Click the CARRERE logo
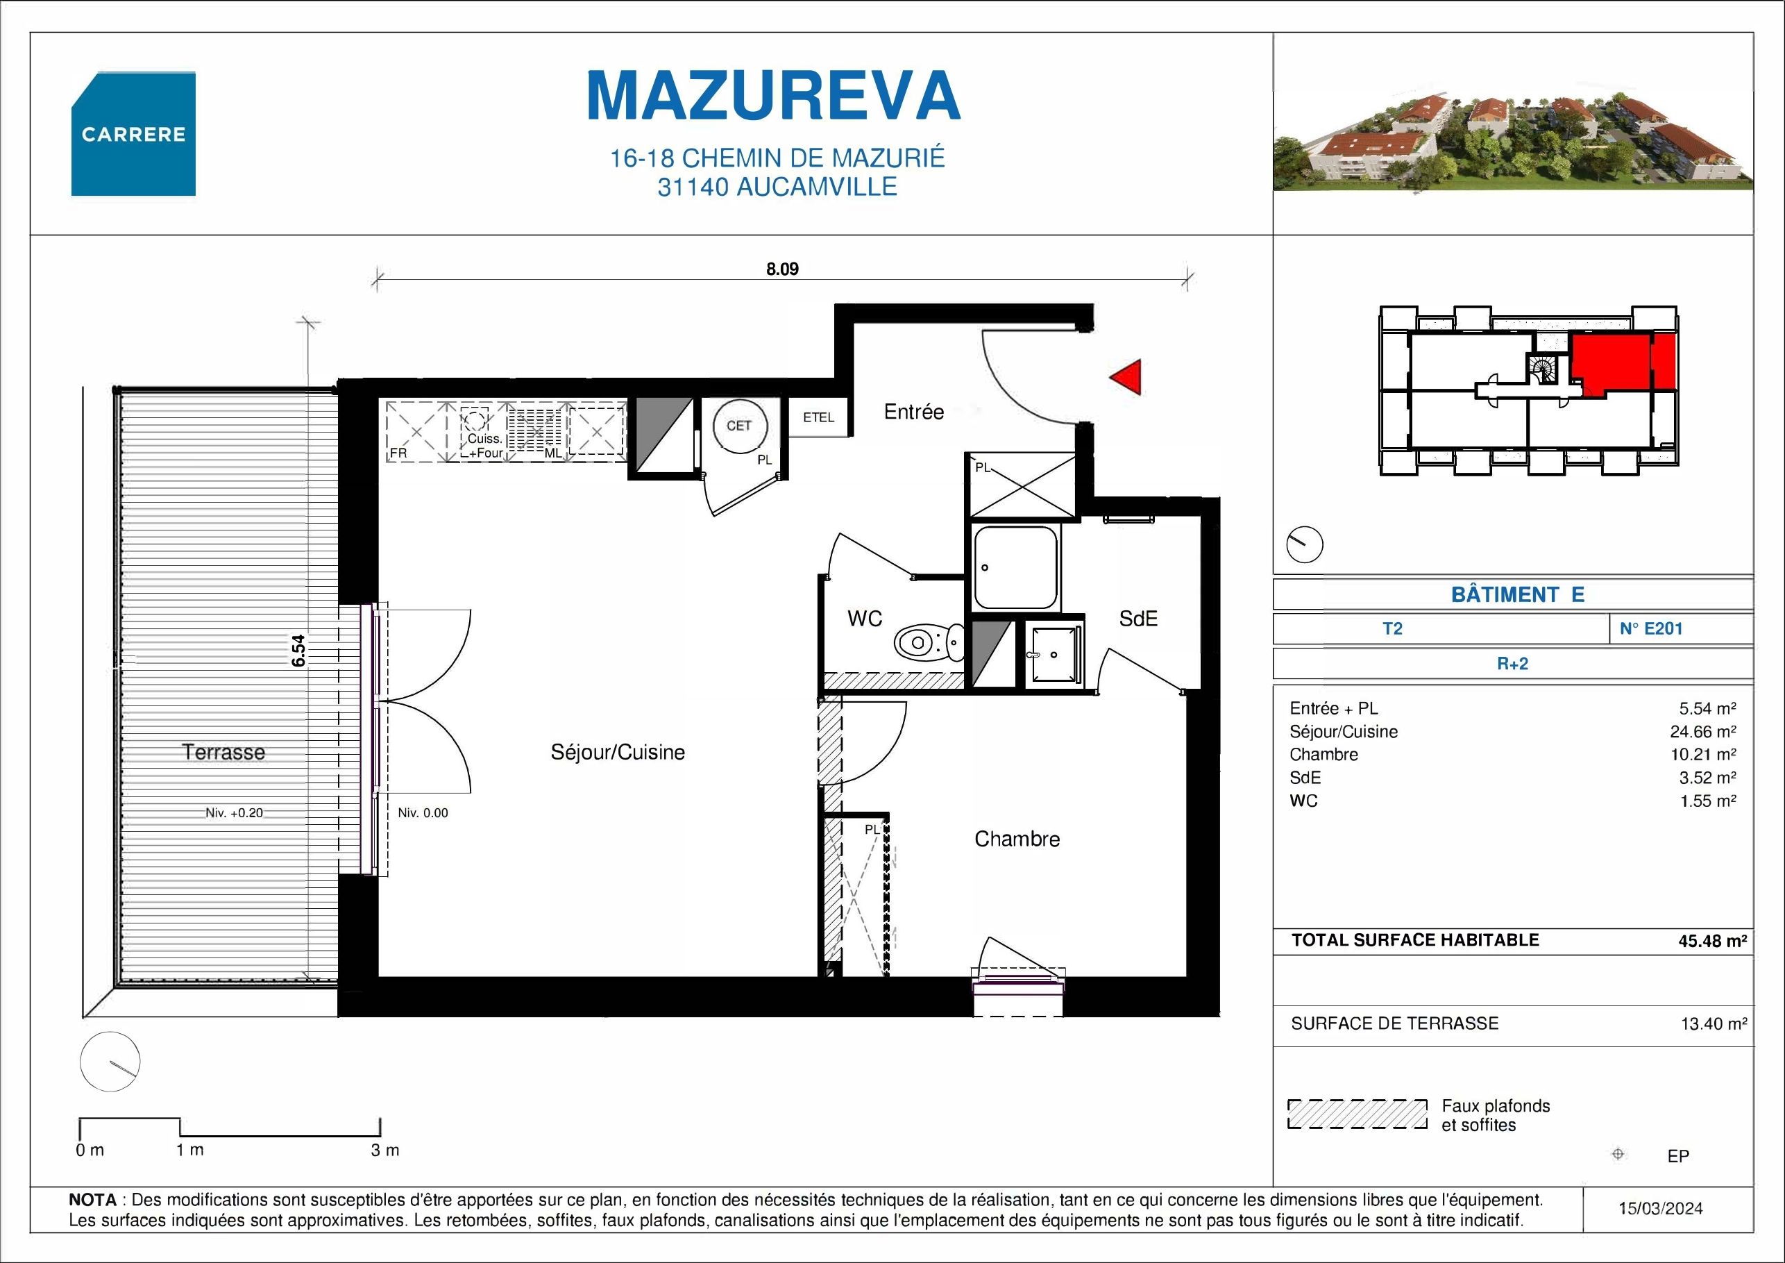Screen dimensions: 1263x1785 133,134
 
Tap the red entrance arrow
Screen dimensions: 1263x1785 1126,377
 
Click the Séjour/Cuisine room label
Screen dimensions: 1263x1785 617,752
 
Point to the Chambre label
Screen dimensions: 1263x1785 1017,839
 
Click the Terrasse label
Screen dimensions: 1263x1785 224,752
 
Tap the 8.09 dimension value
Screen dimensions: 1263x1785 782,270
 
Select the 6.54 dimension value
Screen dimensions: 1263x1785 299,650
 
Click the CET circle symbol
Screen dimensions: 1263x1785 738,426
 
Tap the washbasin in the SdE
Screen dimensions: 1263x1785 1054,653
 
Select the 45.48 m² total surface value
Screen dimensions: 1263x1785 1712,940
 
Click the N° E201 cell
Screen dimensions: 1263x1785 1650,628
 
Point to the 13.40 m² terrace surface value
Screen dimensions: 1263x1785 1713,1023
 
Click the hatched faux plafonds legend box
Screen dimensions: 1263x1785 1357,1114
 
